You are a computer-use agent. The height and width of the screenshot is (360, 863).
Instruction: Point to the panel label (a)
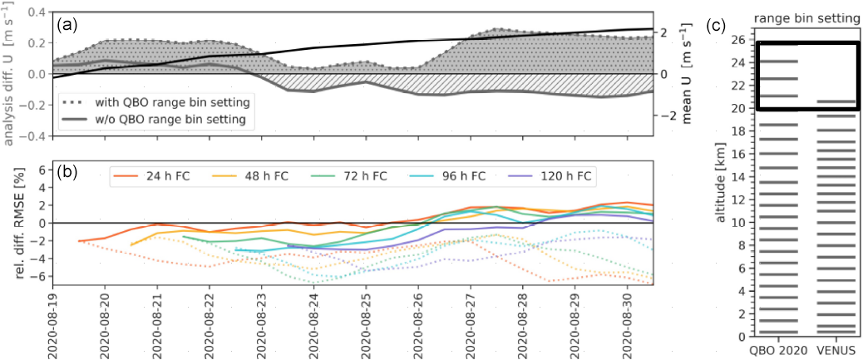(67, 25)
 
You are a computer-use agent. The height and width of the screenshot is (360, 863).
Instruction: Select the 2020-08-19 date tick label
(52, 320)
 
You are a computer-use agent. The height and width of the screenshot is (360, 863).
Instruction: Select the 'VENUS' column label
(837, 349)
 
